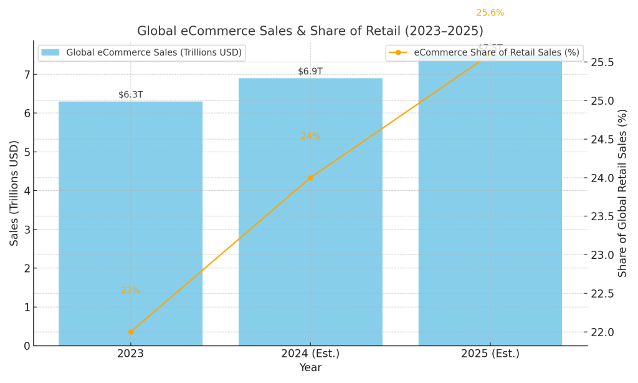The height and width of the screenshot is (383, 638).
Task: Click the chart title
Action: [310, 31]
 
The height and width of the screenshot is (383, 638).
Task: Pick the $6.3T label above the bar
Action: [130, 95]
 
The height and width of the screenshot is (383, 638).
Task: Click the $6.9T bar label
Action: [310, 71]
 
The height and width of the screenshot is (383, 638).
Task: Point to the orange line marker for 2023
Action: [131, 332]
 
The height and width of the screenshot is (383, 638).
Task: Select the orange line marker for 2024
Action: [310, 178]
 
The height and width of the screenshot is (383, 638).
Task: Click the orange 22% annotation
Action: [130, 291]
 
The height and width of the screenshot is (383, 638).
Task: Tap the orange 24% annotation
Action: [310, 136]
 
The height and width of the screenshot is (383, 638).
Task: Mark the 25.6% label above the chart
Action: [490, 12]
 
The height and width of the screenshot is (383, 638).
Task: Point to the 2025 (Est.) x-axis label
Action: [490, 354]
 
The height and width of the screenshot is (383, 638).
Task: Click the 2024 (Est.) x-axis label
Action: [310, 354]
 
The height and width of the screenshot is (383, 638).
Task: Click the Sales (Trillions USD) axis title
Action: [14, 193]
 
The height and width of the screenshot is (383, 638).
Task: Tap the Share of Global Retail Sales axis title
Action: [622, 193]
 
